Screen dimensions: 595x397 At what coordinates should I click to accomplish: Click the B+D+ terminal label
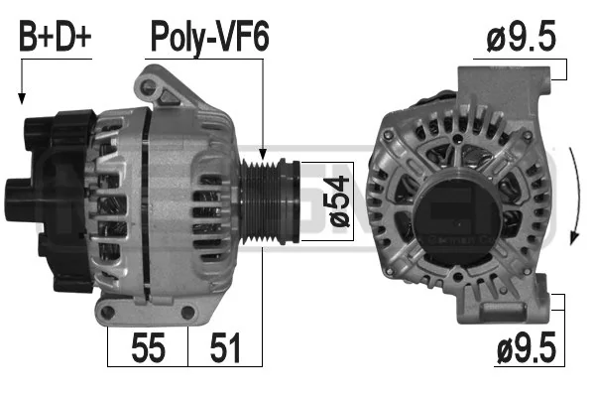pos(55,37)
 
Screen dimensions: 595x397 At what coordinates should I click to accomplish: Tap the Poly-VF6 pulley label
pos(210,39)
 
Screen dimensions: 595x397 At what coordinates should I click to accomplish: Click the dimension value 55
pos(148,347)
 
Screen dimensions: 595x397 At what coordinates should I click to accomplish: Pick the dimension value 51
pos(225,347)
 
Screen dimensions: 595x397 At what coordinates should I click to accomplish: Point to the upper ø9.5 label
pos(521,36)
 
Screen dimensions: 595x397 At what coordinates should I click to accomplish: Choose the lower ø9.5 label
pos(527,346)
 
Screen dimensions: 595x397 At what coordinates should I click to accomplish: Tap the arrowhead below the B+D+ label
pos(22,99)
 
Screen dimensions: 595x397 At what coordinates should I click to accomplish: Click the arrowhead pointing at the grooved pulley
pos(262,154)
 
